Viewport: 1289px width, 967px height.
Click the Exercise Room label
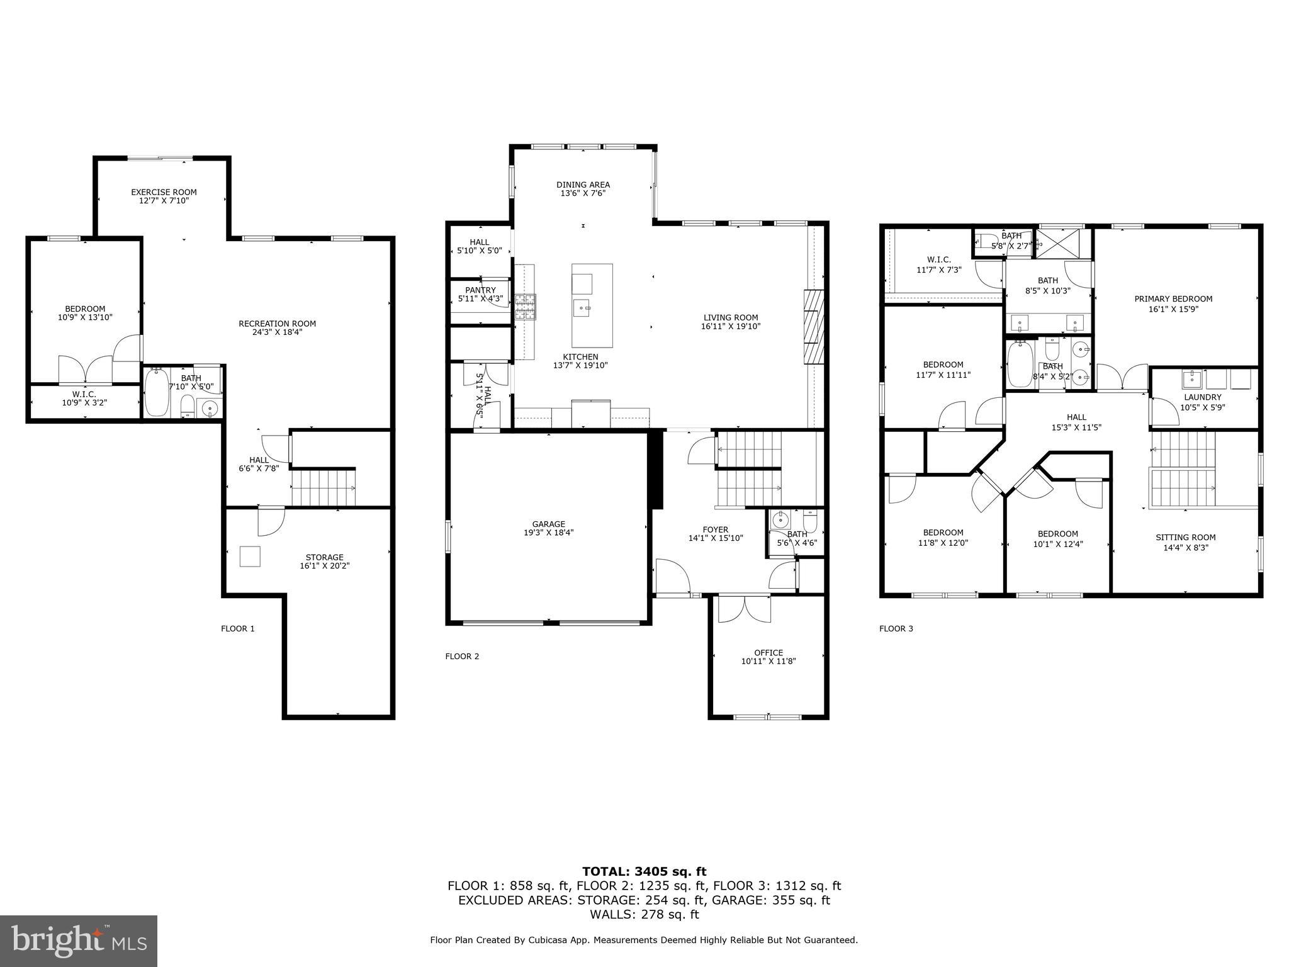(x=164, y=192)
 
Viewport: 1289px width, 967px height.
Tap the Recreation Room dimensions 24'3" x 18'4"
(x=277, y=332)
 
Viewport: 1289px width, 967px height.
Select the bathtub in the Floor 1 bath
(x=156, y=393)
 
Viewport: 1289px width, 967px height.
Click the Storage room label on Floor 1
(x=324, y=557)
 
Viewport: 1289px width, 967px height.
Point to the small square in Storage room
(x=250, y=557)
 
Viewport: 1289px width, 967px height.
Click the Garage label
(x=548, y=524)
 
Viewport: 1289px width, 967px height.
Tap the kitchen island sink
(x=582, y=308)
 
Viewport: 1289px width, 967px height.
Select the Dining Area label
(x=583, y=184)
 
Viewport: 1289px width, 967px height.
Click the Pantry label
(x=480, y=290)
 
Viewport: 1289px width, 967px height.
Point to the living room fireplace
(x=813, y=327)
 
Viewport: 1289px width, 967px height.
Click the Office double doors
(x=745, y=609)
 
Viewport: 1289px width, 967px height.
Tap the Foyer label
(x=715, y=529)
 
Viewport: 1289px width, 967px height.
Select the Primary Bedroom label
(x=1173, y=299)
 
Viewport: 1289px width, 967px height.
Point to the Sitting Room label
(x=1185, y=537)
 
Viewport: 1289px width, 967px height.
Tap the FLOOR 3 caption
(x=896, y=628)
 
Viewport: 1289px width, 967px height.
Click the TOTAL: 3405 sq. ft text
(x=644, y=871)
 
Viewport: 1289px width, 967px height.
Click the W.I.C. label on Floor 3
(x=938, y=259)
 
